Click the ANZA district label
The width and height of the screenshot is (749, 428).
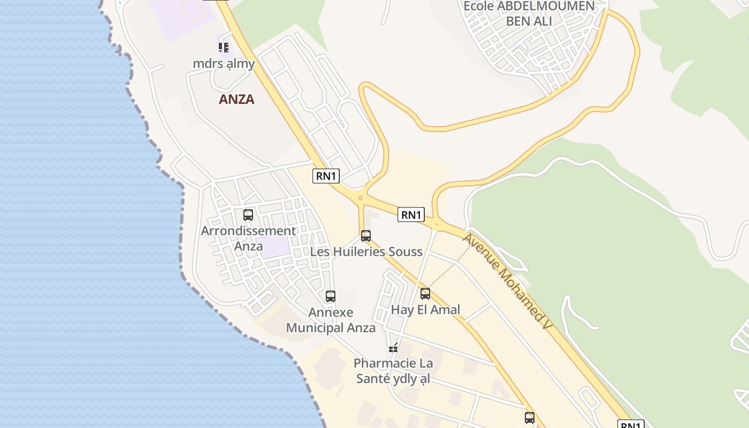(x=236, y=100)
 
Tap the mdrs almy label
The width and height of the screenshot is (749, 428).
(x=224, y=63)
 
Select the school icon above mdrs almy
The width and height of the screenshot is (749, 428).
(x=224, y=48)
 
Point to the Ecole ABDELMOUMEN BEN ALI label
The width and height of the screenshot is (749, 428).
(x=529, y=13)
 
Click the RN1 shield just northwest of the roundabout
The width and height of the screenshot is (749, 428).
(x=326, y=176)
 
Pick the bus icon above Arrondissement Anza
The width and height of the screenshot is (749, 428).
(x=248, y=215)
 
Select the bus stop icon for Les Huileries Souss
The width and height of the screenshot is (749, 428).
(x=366, y=236)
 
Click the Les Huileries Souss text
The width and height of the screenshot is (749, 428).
(x=366, y=251)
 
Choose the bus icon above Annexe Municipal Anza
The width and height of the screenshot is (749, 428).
(x=331, y=296)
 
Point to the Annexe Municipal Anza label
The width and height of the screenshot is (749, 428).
(x=331, y=320)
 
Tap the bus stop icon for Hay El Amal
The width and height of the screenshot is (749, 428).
(x=425, y=294)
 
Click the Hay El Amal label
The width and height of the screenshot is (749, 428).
(x=425, y=310)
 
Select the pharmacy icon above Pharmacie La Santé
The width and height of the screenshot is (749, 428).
(x=394, y=348)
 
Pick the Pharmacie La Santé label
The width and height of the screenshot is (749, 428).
(x=393, y=371)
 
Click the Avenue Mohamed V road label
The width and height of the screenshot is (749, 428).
(x=507, y=280)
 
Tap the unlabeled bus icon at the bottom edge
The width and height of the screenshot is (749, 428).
(x=530, y=418)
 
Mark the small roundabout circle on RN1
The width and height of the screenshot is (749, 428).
(x=361, y=198)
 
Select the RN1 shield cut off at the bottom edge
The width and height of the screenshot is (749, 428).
(x=631, y=425)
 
